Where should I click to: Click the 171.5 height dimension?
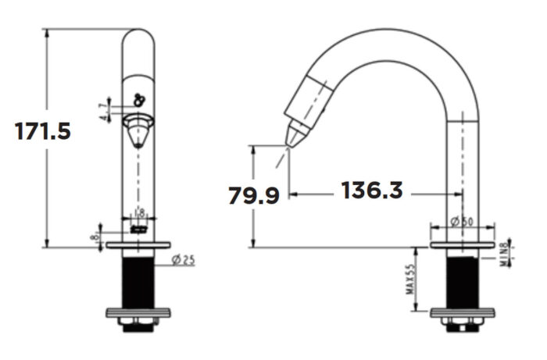(44, 131)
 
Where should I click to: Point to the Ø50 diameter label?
(463, 222)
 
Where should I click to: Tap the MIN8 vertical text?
(504, 253)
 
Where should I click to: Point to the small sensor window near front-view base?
(139, 230)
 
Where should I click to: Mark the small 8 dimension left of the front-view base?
(95, 235)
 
